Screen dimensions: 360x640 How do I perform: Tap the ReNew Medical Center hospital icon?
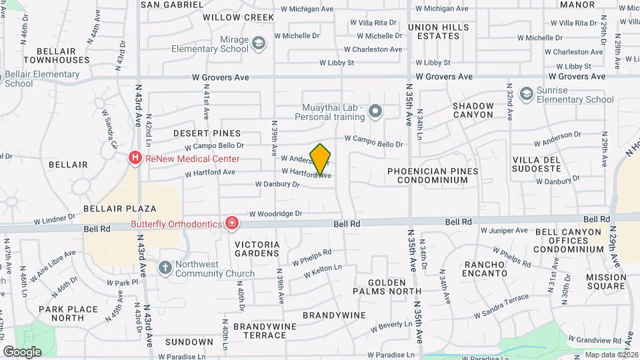[x=135, y=159]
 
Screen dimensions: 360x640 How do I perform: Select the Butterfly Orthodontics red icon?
[x=231, y=223]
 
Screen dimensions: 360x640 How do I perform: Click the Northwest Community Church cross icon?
[x=165, y=268]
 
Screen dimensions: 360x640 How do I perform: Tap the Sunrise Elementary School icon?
[x=527, y=94]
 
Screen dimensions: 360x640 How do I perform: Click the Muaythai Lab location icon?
[x=375, y=112]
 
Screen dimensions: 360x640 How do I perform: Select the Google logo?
[x=22, y=351]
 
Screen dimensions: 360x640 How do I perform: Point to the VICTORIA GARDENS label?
[x=257, y=249]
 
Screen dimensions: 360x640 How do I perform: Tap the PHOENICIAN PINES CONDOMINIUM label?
[x=433, y=176]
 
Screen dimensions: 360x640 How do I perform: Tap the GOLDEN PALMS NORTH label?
[x=387, y=287]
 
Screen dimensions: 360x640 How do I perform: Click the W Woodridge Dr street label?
[x=276, y=214]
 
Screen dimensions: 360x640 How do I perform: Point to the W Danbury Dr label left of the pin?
[x=277, y=184]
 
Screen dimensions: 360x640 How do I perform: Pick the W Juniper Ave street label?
[x=504, y=231]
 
